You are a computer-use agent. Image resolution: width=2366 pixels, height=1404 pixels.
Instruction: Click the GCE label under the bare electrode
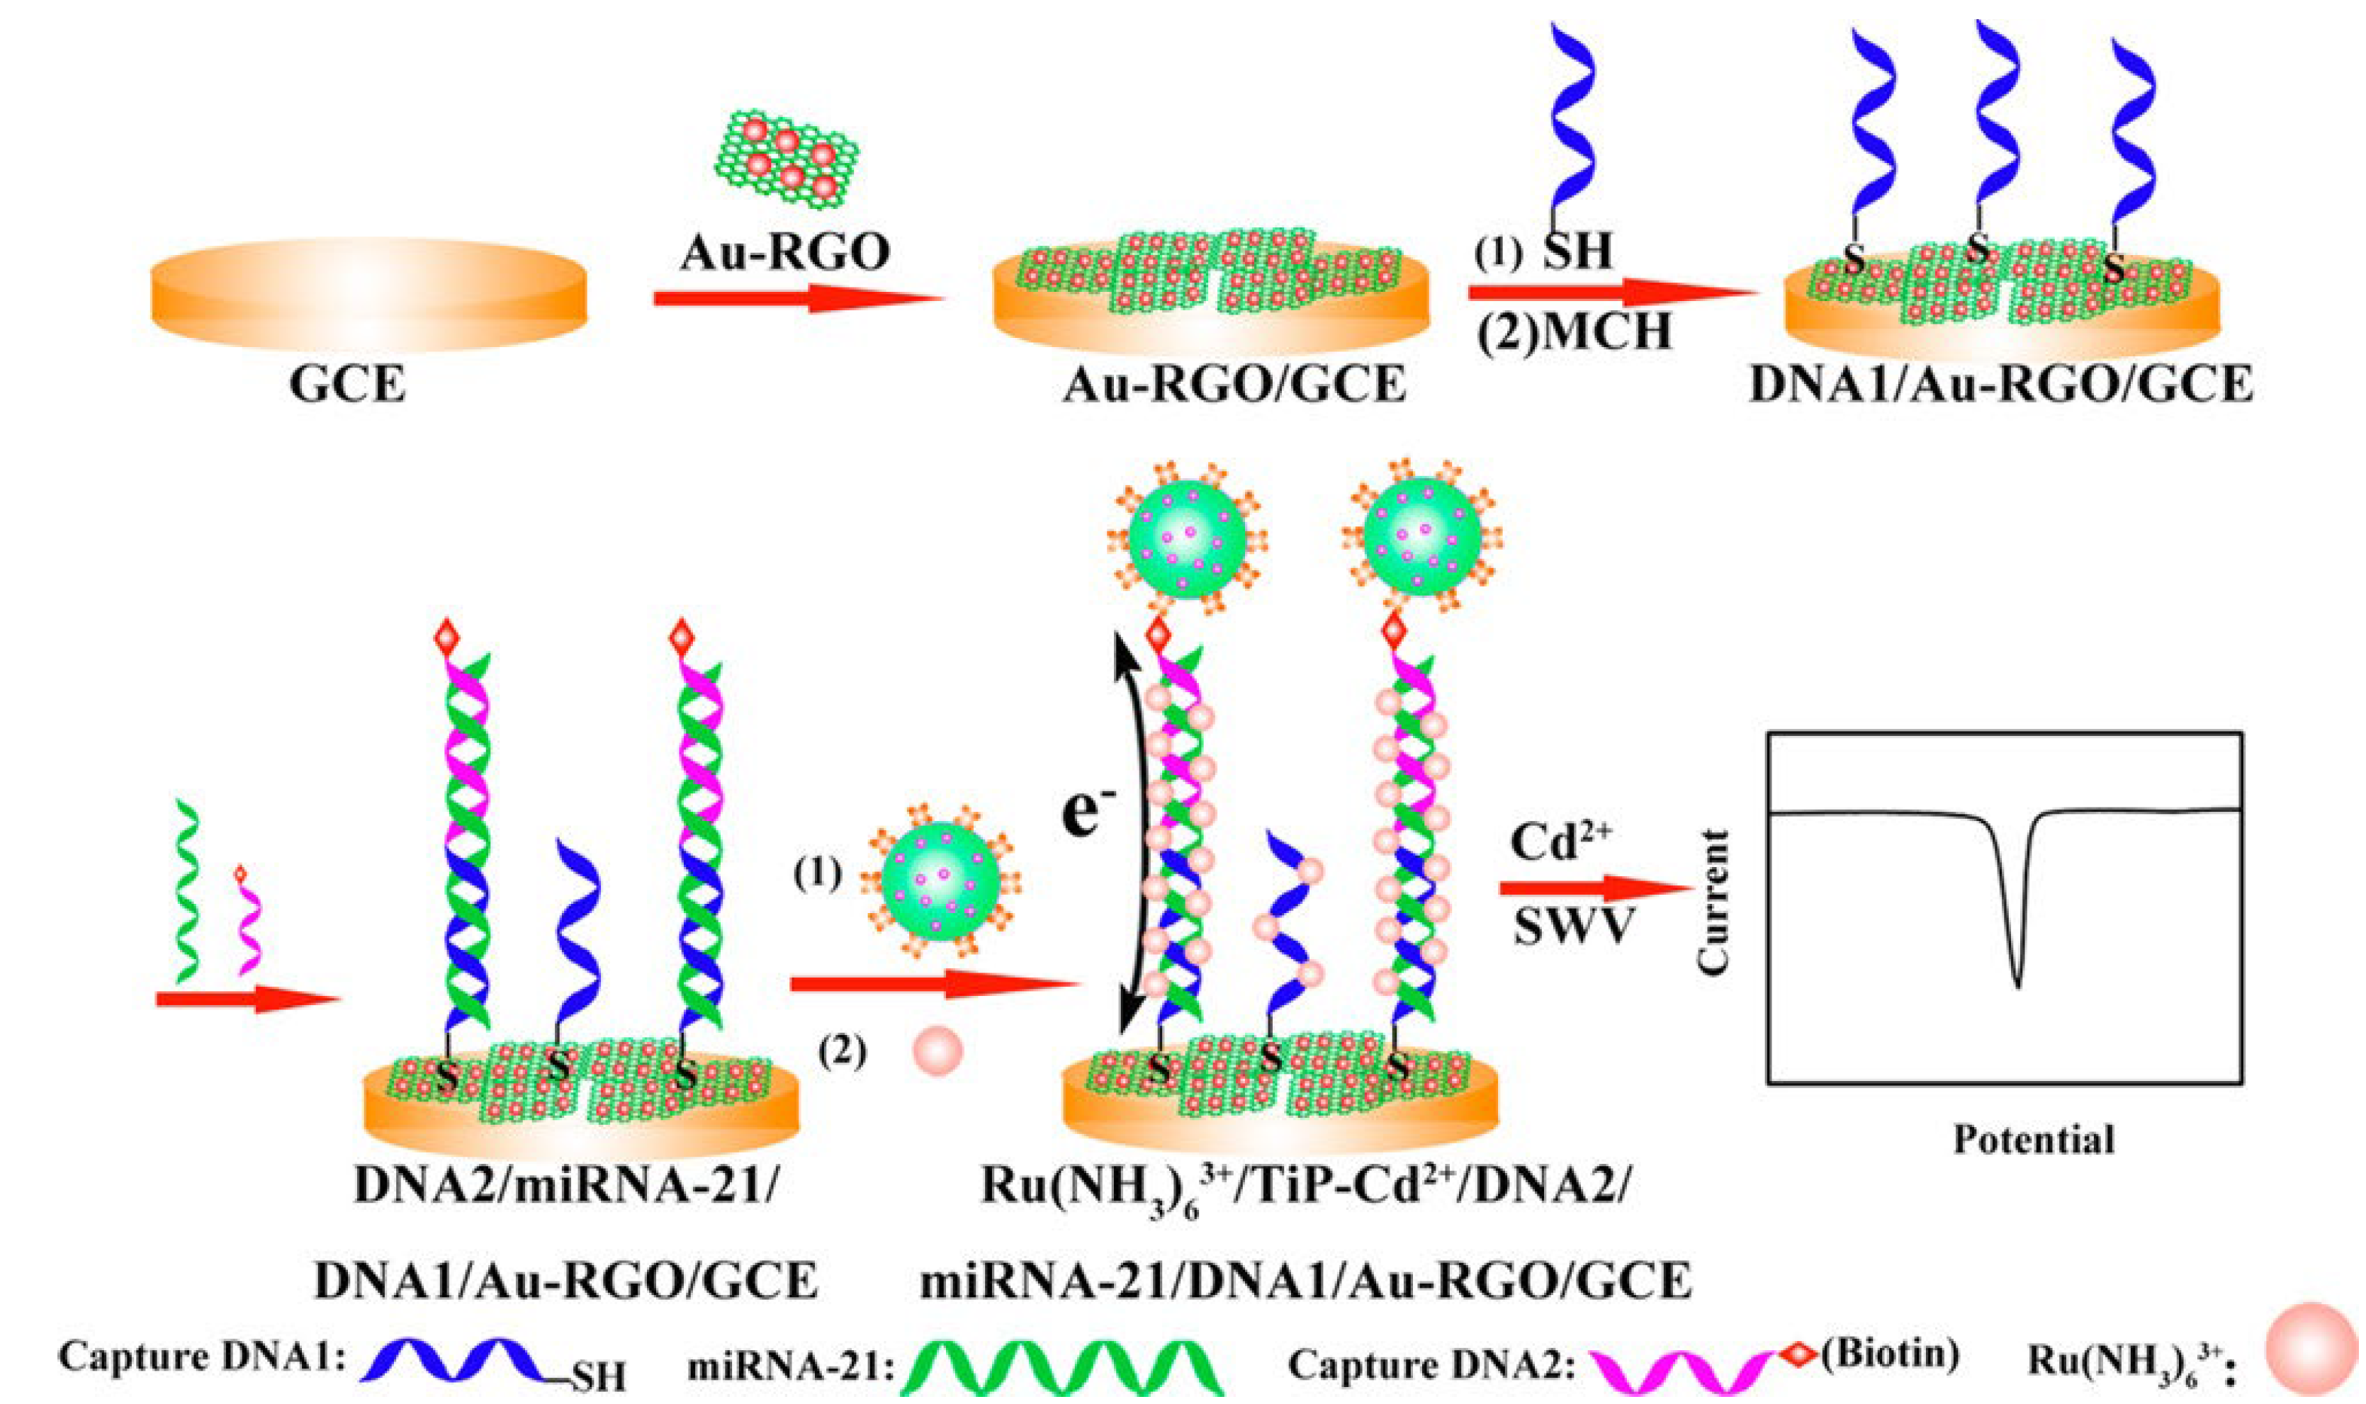(347, 387)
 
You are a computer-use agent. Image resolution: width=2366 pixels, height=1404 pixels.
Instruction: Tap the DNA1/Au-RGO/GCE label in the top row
(2000, 386)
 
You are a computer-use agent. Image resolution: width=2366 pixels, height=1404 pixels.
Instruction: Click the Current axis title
(1713, 902)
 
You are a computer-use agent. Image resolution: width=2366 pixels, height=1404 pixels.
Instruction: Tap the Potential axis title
(2034, 1139)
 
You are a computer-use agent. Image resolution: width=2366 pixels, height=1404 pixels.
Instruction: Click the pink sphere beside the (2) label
(939, 1051)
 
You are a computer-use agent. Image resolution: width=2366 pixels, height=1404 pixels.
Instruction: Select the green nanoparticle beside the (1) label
(939, 880)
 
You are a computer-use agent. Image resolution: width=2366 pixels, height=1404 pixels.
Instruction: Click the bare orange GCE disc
(369, 294)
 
